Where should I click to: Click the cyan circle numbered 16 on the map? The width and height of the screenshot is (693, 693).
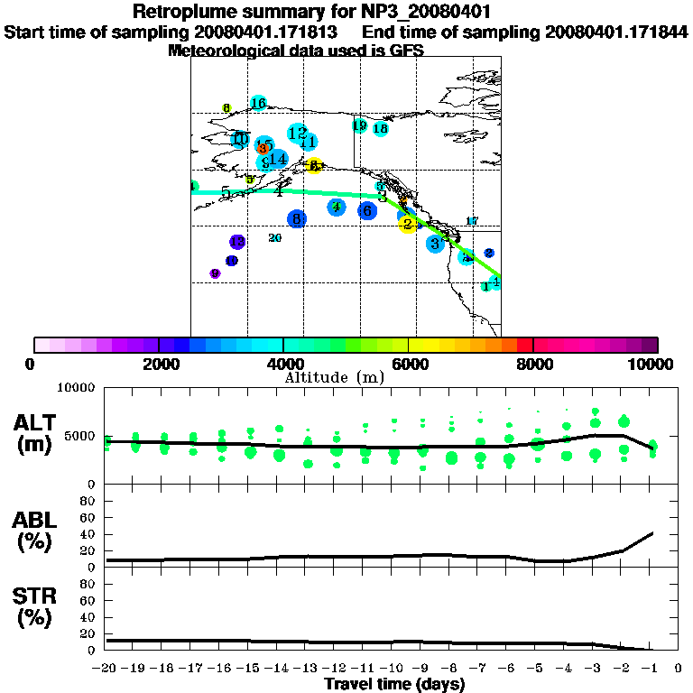click(x=258, y=103)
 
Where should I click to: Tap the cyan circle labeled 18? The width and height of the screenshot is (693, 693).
click(x=381, y=129)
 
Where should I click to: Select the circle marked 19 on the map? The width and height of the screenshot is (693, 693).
click(x=359, y=125)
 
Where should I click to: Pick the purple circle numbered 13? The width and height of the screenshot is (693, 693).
click(x=236, y=242)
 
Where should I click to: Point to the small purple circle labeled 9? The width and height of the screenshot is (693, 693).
click(x=215, y=273)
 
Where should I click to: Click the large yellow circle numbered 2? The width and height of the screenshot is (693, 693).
click(x=408, y=224)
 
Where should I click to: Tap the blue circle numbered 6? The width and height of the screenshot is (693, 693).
click(x=366, y=210)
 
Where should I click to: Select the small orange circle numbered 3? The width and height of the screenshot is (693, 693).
click(x=263, y=149)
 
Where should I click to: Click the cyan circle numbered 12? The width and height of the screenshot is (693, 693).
click(x=298, y=134)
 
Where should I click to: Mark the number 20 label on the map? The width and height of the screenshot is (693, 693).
click(x=275, y=238)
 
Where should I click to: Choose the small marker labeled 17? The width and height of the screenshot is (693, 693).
click(x=471, y=221)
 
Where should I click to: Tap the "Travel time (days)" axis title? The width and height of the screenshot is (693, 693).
click(x=395, y=685)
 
